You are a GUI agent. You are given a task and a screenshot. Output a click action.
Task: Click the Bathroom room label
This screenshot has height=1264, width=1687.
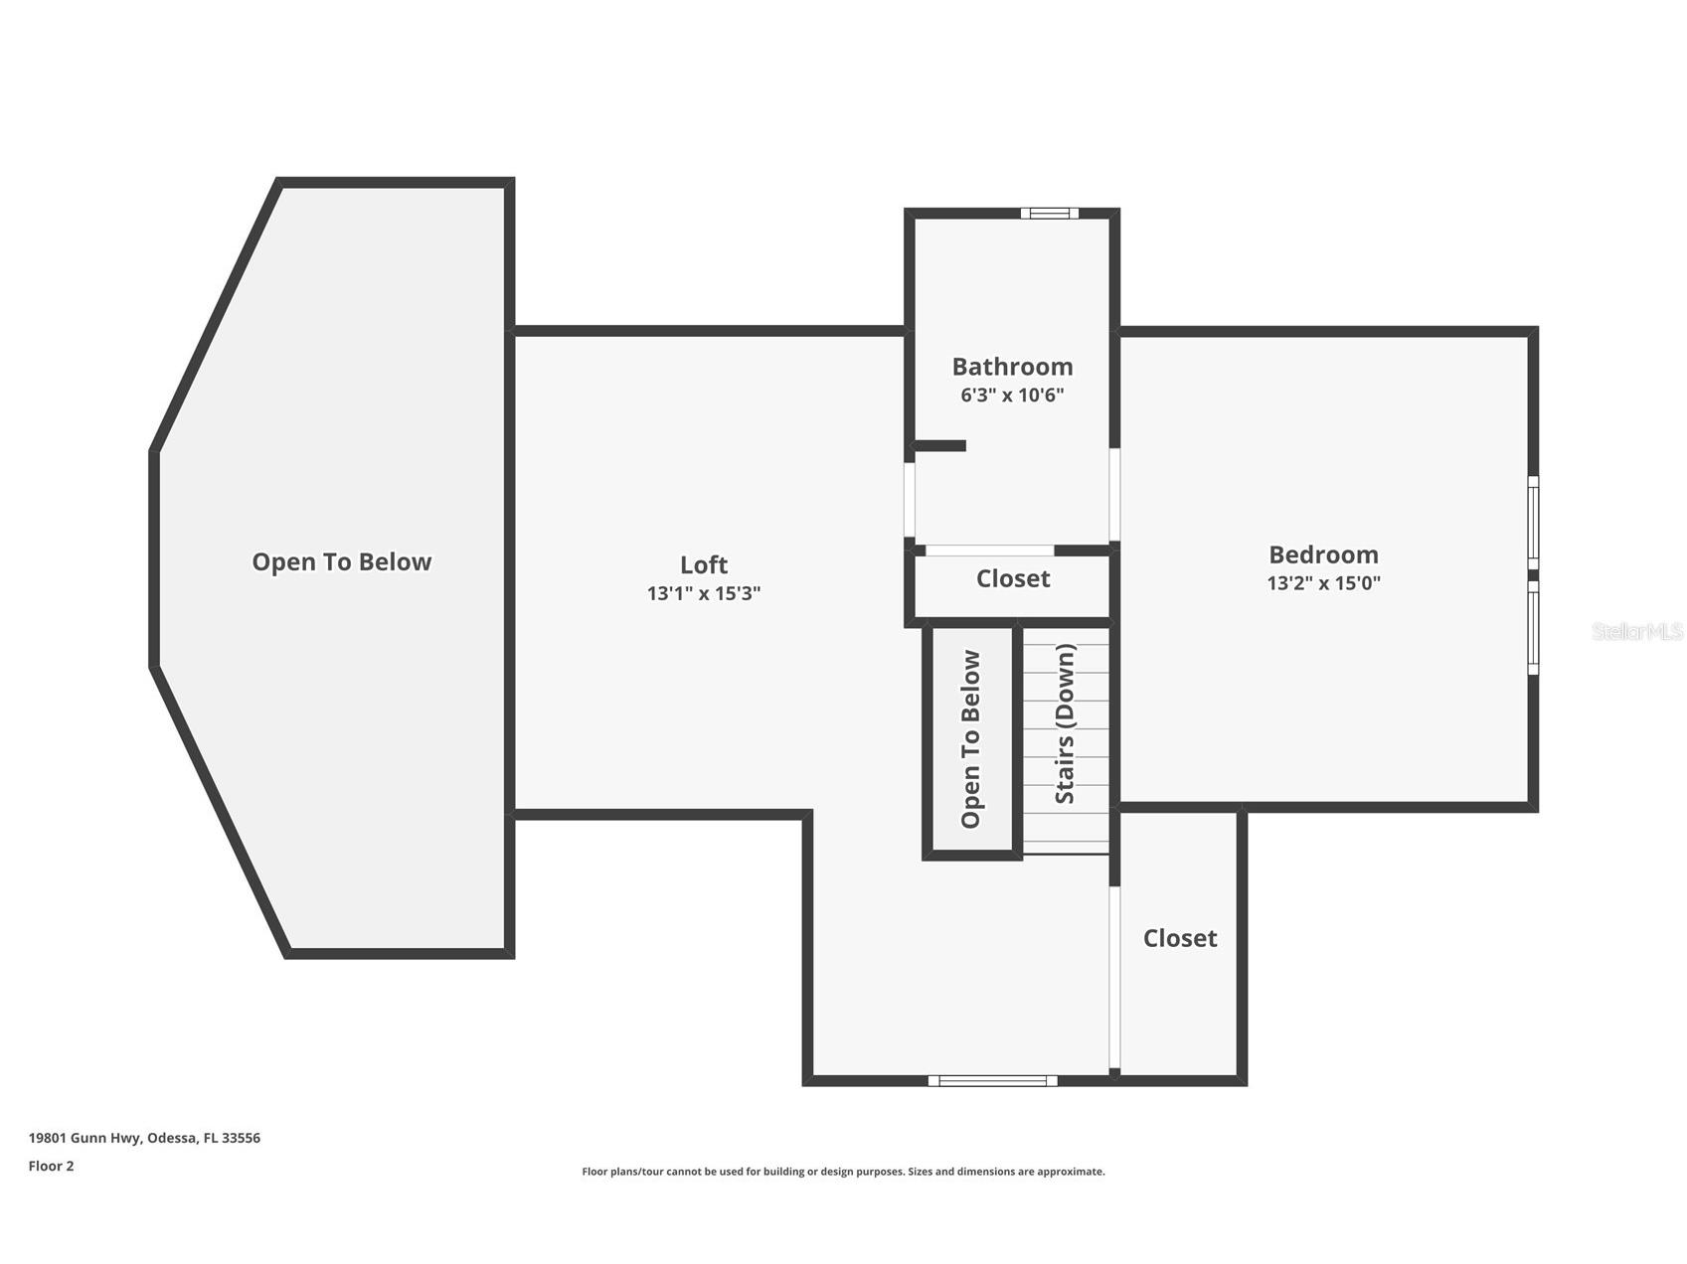pos(1012,367)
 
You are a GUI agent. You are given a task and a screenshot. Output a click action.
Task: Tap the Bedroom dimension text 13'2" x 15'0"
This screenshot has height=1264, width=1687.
pos(1323,583)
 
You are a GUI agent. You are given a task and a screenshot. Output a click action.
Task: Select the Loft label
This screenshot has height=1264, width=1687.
pos(704,564)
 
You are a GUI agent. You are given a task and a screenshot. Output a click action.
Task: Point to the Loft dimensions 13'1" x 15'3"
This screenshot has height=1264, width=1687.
pos(704,593)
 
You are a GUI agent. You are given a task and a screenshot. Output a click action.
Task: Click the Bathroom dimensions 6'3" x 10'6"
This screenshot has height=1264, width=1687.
pos(1012,395)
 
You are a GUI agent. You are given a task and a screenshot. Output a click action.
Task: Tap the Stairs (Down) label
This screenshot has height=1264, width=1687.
pos(1065,723)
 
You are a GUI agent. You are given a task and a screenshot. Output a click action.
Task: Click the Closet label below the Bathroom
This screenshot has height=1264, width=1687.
pos(1013,578)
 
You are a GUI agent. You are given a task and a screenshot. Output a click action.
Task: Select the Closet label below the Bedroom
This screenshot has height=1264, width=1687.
pos(1180,938)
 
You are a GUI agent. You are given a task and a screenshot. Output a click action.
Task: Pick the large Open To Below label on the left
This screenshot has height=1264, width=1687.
pos(342,561)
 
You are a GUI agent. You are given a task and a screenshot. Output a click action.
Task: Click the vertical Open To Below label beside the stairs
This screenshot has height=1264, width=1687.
pos(971,739)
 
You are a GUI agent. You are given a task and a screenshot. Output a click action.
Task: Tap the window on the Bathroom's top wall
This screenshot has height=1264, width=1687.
pos(1050,213)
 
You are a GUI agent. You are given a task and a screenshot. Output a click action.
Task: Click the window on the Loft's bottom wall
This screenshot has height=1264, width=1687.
pos(992,1080)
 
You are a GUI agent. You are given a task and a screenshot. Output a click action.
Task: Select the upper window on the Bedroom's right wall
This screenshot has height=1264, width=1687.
pos(1533,523)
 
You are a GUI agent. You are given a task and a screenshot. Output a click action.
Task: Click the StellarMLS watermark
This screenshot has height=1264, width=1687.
pos(1637,631)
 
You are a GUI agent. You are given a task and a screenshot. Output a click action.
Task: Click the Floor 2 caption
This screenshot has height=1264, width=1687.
pos(51,1166)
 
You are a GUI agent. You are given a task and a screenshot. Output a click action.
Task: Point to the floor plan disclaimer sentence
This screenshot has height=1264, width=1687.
pos(843,1172)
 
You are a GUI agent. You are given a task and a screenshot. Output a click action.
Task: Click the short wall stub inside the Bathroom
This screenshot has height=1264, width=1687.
pos(940,446)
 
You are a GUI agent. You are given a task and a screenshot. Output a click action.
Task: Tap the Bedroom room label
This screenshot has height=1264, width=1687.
pos(1323,554)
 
